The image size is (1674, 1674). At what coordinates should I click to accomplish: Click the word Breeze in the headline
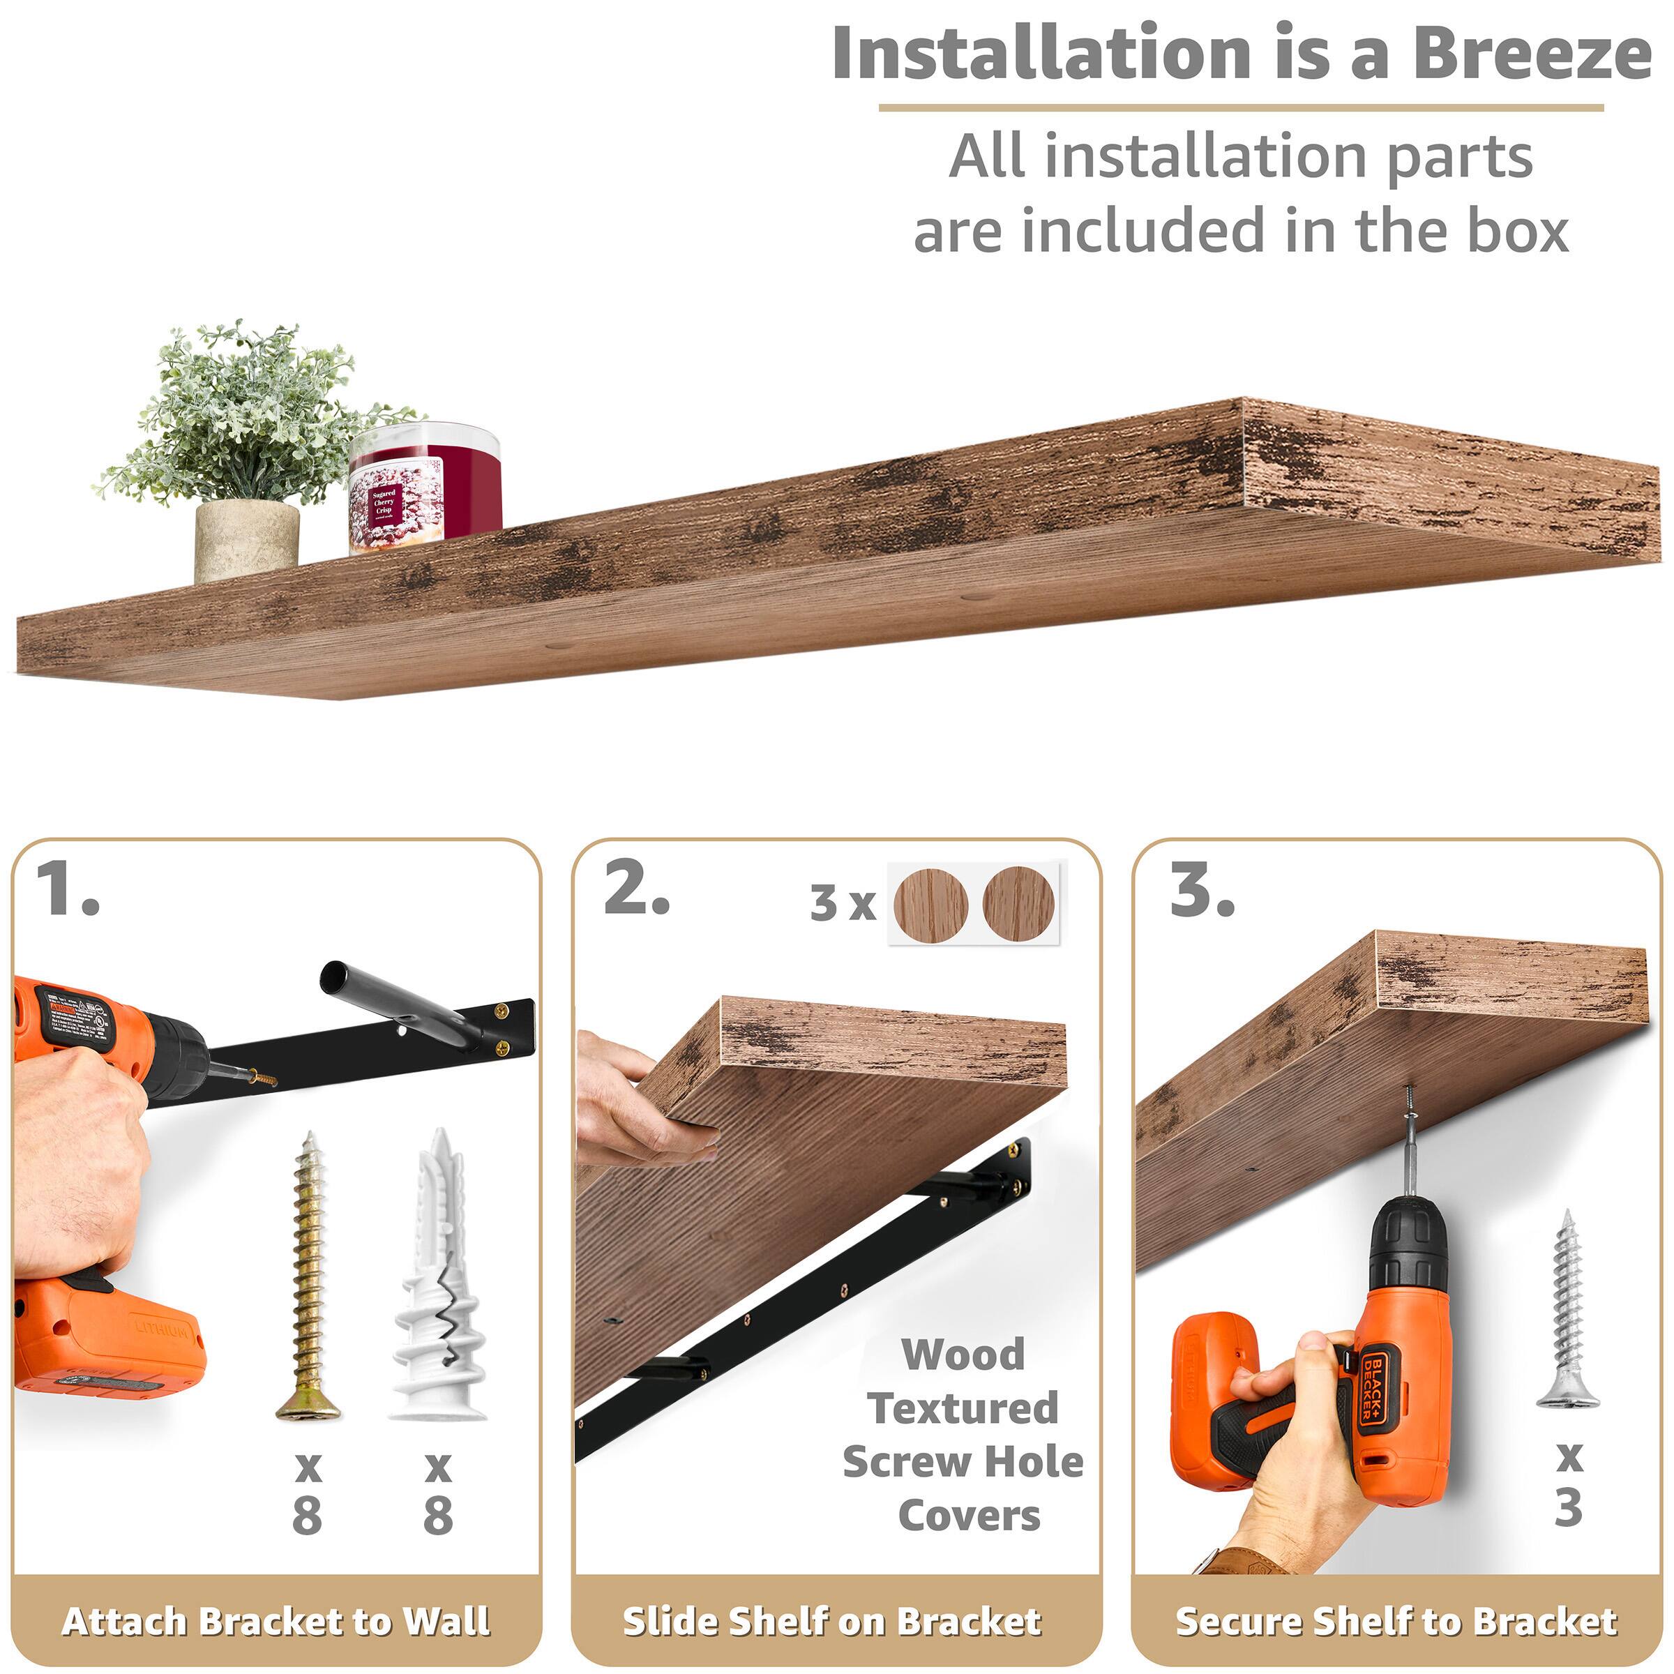(1531, 54)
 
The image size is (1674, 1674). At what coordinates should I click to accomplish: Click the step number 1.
(68, 890)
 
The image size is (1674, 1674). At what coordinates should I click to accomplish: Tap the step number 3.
(1202, 890)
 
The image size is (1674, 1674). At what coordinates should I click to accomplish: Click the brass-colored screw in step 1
(309, 1276)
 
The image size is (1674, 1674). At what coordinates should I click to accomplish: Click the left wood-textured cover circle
(930, 905)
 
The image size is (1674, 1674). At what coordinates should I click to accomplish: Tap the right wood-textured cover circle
(1019, 905)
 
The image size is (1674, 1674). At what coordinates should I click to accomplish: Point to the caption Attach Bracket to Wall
(276, 1621)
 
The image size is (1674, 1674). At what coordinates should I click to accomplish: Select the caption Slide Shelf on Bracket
(833, 1621)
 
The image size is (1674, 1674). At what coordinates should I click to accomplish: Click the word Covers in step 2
(969, 1516)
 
